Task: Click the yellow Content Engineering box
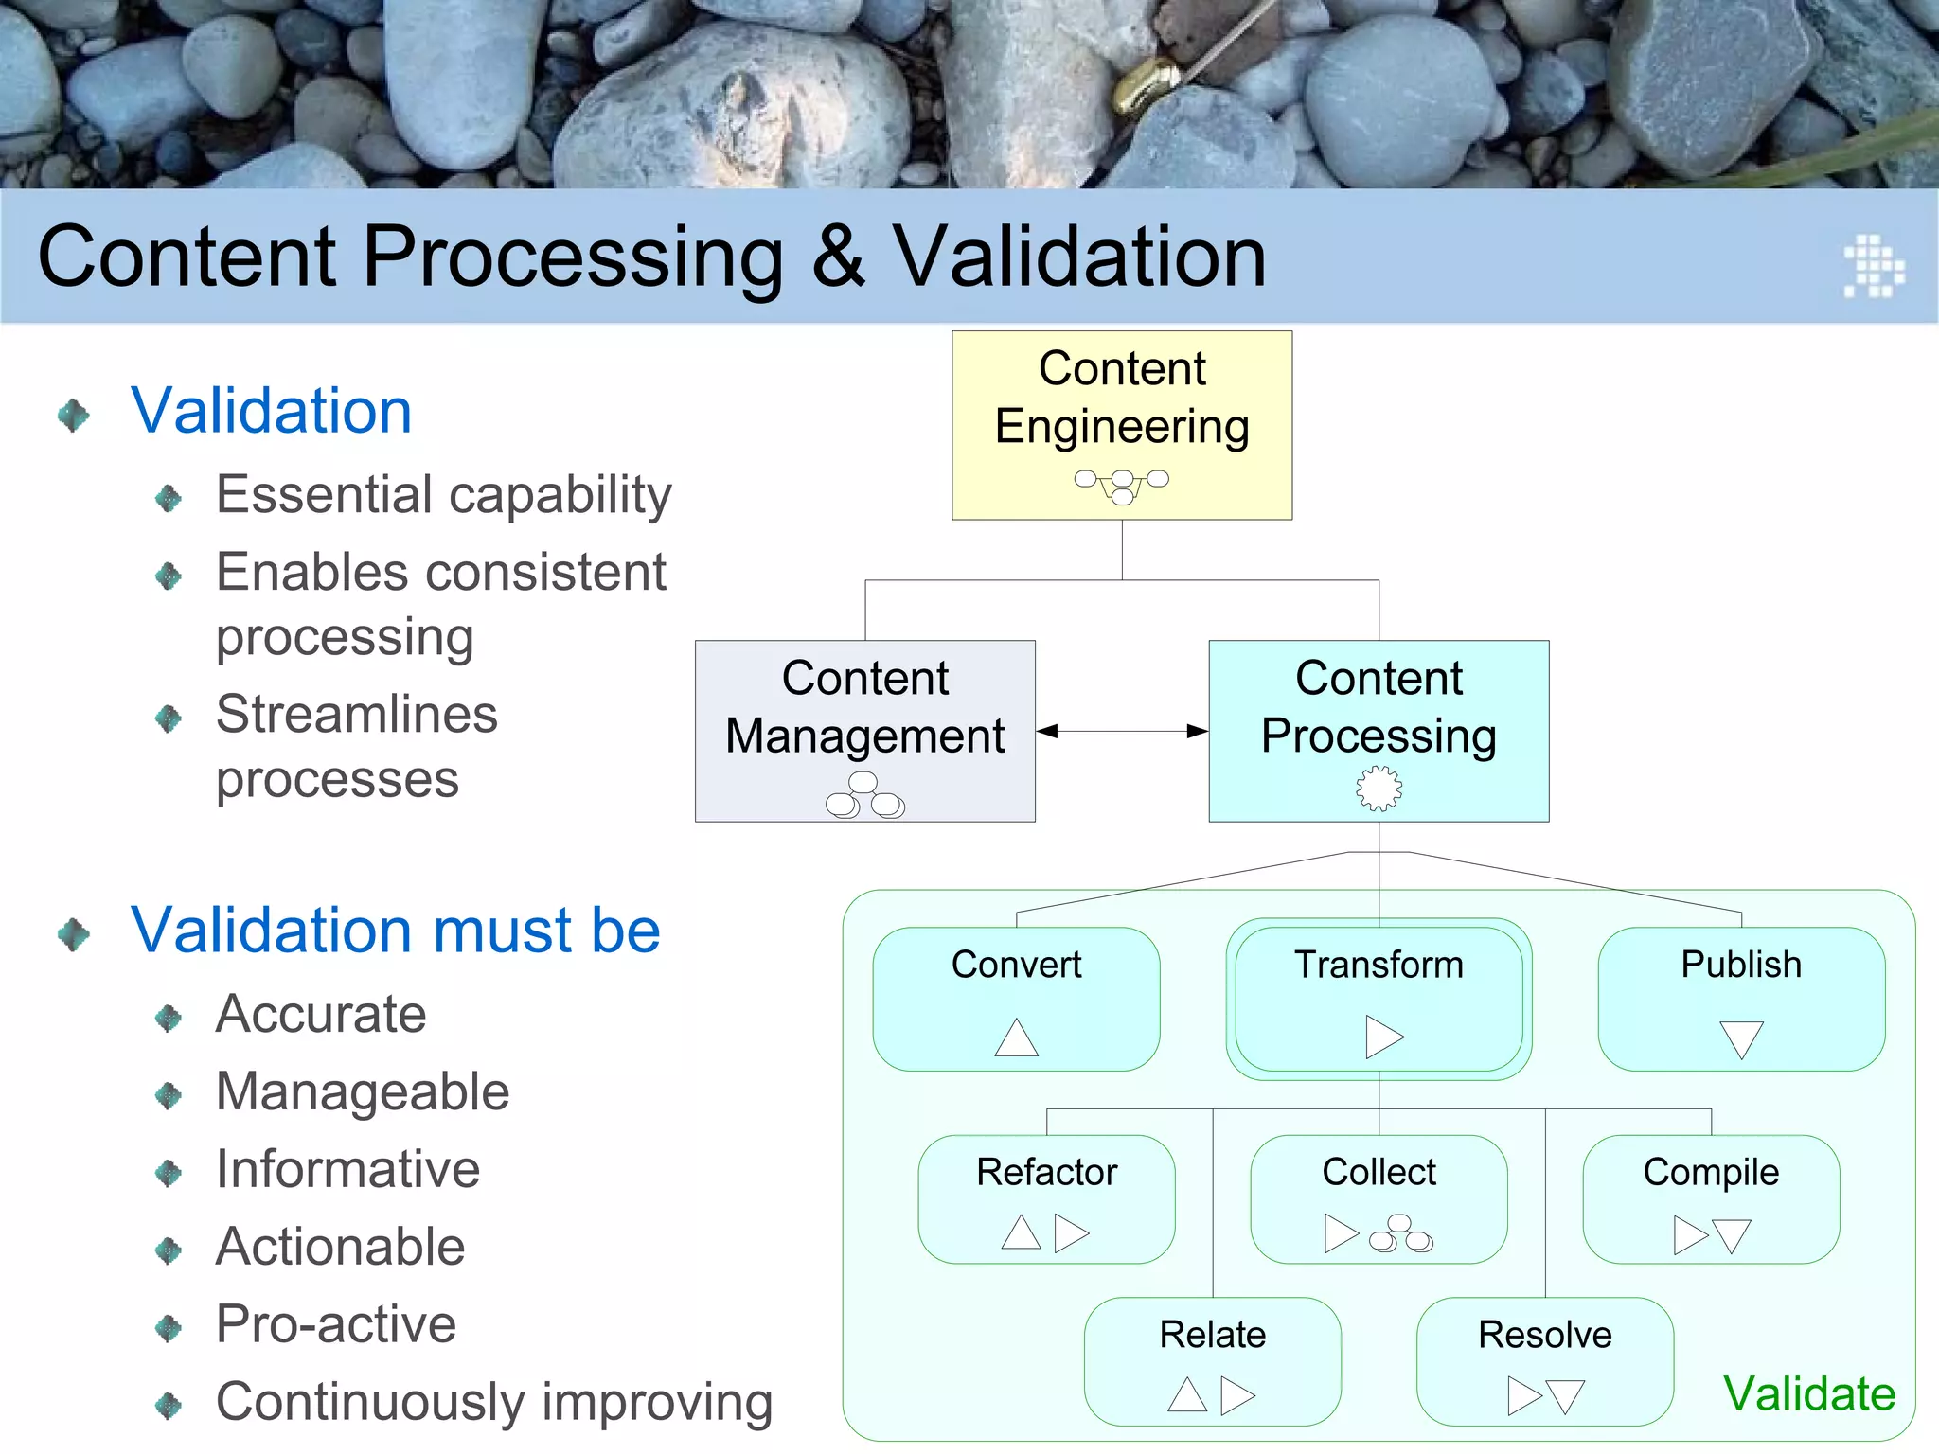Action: [x=1121, y=425]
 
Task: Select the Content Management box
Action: [x=864, y=730]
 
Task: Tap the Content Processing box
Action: [x=1379, y=730]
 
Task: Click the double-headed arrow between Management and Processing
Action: [x=1121, y=731]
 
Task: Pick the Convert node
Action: [x=1016, y=998]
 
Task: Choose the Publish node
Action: [x=1740, y=998]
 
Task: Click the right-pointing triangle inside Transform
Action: [x=1382, y=1037]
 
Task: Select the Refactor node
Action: [x=1046, y=1198]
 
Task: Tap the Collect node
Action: [x=1379, y=1198]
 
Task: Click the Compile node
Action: [x=1711, y=1198]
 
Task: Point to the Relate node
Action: [x=1212, y=1360]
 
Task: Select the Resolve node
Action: [x=1544, y=1360]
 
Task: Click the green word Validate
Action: [x=1808, y=1393]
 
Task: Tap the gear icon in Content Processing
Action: [x=1379, y=788]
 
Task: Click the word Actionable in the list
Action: [x=340, y=1246]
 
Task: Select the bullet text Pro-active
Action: [x=335, y=1323]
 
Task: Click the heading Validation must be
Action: [x=395, y=930]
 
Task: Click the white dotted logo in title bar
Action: [x=1872, y=266]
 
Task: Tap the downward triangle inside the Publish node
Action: [x=1740, y=1038]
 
